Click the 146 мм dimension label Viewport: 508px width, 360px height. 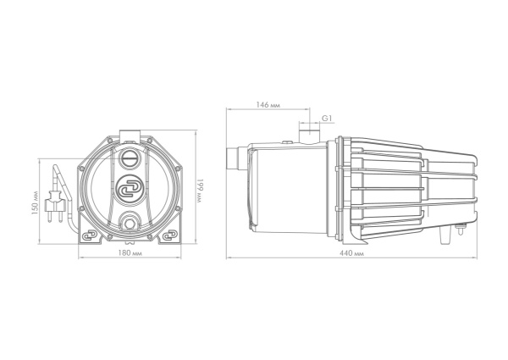(x=268, y=105)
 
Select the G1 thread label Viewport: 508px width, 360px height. (x=327, y=119)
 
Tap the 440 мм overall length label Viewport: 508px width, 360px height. (x=351, y=253)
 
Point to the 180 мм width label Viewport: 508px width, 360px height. (x=130, y=252)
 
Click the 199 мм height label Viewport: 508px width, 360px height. (x=200, y=191)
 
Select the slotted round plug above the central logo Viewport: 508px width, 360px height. (x=130, y=158)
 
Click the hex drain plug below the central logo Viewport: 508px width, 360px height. (x=130, y=224)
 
